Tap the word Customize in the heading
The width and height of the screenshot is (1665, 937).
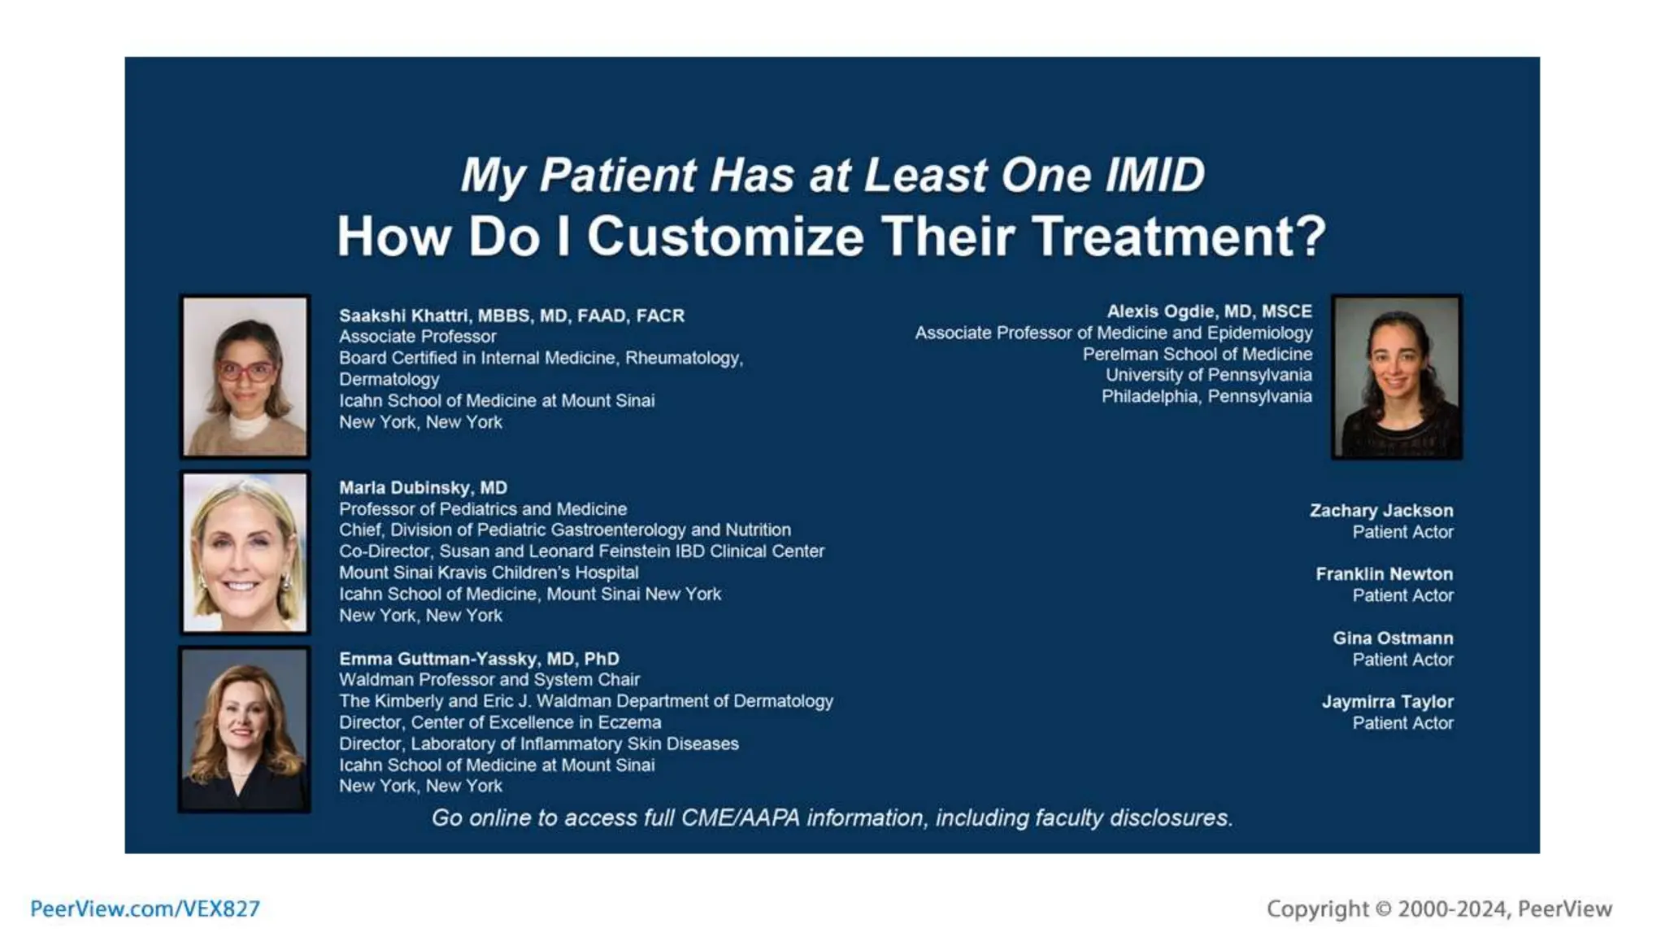[x=725, y=237]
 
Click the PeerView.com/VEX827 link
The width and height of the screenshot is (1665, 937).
[x=145, y=909]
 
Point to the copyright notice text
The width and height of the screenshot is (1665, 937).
[x=1439, y=909]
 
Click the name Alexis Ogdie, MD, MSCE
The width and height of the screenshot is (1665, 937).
[x=1209, y=312]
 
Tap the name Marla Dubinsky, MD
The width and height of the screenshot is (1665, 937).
[x=423, y=488]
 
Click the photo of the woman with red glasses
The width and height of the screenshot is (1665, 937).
[x=245, y=377]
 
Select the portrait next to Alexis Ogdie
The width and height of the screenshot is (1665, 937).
[x=1396, y=377]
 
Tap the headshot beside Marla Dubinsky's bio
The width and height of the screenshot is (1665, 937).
[x=245, y=552]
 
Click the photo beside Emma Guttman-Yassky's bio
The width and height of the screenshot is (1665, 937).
[x=245, y=730]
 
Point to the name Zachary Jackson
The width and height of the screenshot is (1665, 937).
[x=1380, y=511]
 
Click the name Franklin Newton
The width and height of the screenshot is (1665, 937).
[x=1384, y=574]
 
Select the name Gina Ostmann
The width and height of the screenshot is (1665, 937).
[x=1392, y=638]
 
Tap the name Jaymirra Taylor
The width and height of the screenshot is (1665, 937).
[x=1387, y=702]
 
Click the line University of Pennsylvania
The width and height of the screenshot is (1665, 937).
[x=1208, y=375]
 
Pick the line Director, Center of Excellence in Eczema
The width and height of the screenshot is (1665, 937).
[x=500, y=722]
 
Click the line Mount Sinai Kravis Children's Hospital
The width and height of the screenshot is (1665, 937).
[x=489, y=573]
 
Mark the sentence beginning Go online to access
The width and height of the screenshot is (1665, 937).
[x=832, y=818]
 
